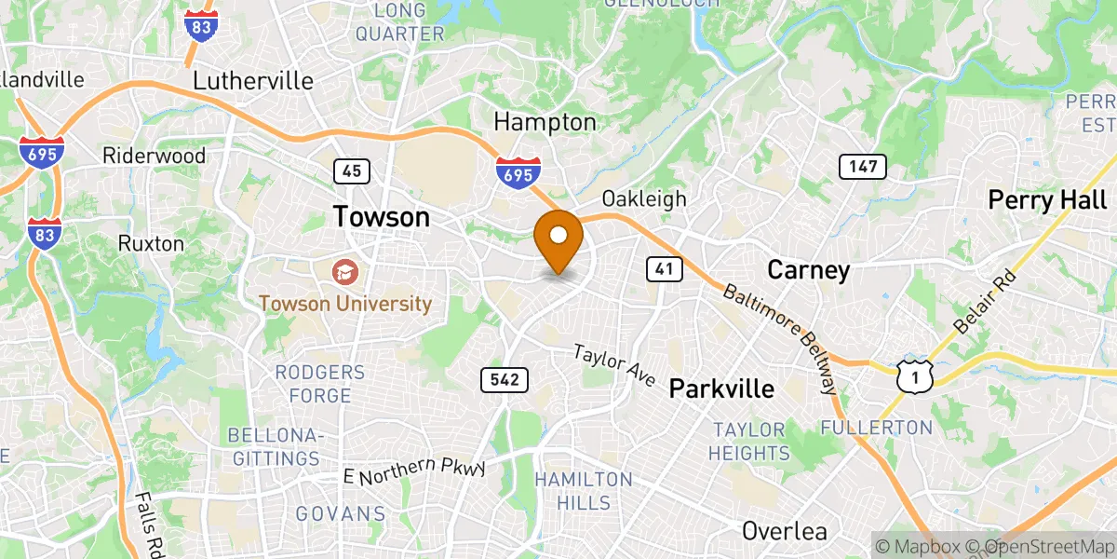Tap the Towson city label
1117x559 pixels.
[x=382, y=217]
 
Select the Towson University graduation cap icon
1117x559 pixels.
[x=345, y=272]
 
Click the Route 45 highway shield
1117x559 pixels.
[x=352, y=171]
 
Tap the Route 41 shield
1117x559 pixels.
[x=664, y=269]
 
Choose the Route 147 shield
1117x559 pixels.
[x=862, y=167]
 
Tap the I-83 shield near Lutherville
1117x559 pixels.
[x=201, y=24]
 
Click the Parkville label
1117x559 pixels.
[x=722, y=389]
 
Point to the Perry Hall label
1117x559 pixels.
[x=1047, y=199]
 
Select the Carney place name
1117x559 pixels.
[x=808, y=270]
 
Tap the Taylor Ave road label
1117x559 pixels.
[x=614, y=366]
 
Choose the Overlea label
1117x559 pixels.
[x=784, y=531]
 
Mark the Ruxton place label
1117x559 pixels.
[x=151, y=243]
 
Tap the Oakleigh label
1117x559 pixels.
[x=644, y=198]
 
